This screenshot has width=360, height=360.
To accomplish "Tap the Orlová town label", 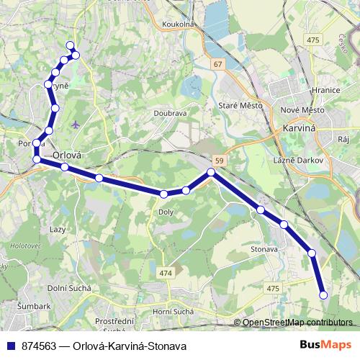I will (x=68, y=154).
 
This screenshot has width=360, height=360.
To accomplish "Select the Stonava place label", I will (x=265, y=249).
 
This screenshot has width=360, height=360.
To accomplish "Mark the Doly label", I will (x=166, y=212).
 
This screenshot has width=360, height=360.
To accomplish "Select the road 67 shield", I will (x=217, y=64).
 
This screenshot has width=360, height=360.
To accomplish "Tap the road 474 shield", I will (x=166, y=273).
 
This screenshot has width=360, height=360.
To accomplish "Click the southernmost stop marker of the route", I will (x=323, y=294).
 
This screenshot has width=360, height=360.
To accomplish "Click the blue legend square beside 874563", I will (x=11, y=346).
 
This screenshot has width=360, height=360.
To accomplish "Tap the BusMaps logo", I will (x=320, y=345).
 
